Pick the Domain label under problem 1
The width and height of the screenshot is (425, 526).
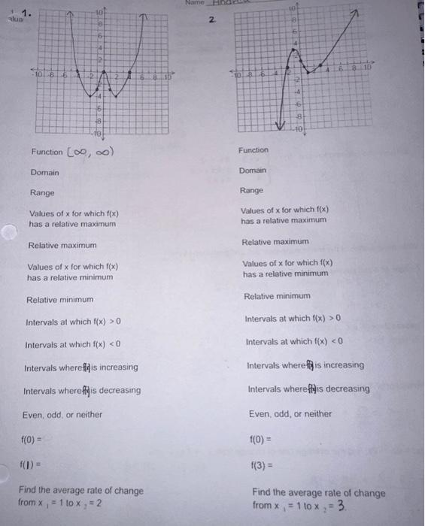[x=44, y=173]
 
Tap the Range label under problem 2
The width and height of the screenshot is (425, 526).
[x=252, y=191]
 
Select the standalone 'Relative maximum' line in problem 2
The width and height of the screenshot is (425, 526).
[x=275, y=242]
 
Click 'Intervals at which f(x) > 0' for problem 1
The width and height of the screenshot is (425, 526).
[x=74, y=322]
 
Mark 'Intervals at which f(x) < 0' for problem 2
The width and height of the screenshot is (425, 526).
[x=295, y=343]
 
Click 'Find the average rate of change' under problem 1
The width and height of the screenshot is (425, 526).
[x=80, y=491]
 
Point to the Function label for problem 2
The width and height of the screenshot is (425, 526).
[x=253, y=150]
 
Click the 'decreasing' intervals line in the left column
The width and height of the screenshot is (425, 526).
[x=81, y=391]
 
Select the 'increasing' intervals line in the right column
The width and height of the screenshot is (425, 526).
[x=305, y=365]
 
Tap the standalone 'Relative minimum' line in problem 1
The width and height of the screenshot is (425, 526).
[x=59, y=300]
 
